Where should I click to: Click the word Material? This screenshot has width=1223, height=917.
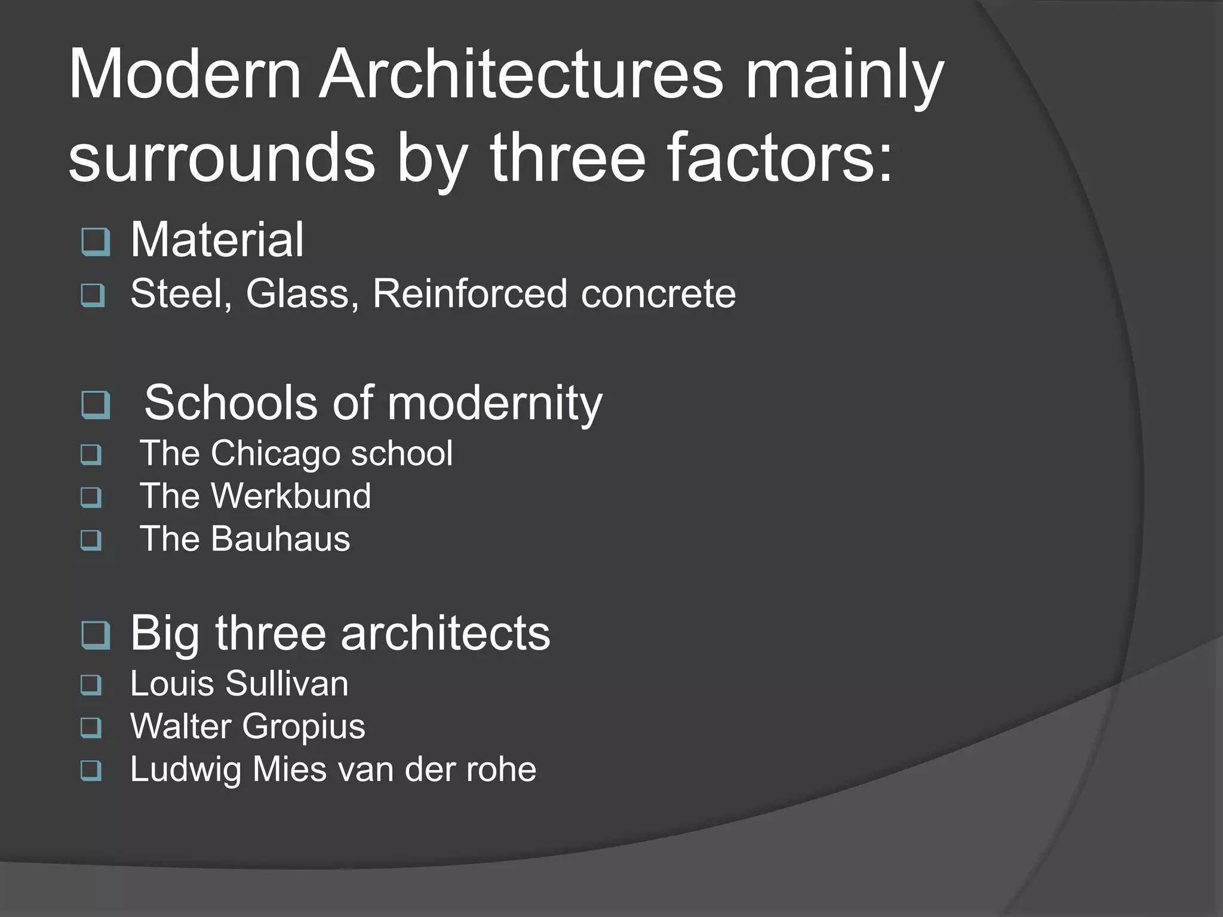click(217, 239)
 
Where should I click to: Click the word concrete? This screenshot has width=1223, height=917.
click(658, 294)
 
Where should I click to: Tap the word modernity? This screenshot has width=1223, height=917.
click(494, 403)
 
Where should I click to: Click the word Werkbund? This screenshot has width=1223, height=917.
click(291, 496)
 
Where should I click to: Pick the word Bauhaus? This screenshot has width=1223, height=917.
click(280, 539)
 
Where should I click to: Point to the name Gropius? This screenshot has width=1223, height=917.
click(303, 727)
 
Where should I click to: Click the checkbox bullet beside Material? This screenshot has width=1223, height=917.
click(96, 242)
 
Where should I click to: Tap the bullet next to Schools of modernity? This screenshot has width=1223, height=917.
click(96, 405)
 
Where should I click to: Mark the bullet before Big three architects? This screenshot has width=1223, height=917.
click(96, 635)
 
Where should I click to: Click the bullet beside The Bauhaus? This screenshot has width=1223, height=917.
click(91, 541)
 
